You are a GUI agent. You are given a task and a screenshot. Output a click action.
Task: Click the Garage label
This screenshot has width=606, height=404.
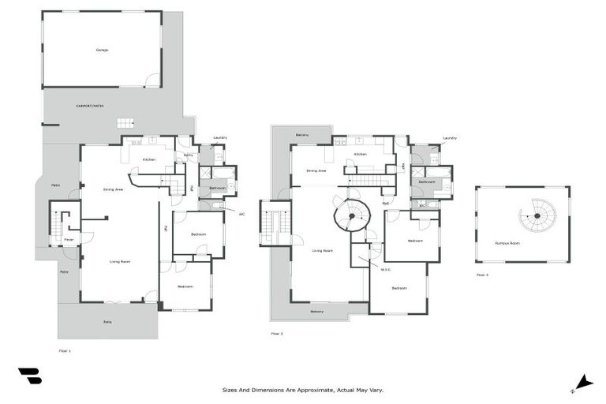point(102,50)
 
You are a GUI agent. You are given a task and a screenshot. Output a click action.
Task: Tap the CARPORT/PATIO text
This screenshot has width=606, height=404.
point(90,106)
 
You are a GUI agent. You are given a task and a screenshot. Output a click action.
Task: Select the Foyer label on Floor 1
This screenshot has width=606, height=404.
point(69,239)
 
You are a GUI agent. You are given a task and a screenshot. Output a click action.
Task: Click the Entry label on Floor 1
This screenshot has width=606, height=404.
point(189,155)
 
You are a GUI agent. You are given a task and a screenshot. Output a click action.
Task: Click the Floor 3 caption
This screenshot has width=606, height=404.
point(482,275)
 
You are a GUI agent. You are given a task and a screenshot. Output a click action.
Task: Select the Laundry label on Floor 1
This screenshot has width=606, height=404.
point(219,138)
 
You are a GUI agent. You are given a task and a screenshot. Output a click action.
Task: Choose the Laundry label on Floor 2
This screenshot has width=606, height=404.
point(450,138)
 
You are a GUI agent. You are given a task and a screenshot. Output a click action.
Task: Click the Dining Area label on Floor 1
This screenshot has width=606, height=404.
point(113,189)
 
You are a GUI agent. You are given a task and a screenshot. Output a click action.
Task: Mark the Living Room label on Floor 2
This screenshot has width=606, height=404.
point(322,251)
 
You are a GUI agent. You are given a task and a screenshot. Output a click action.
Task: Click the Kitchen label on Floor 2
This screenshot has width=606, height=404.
point(360,154)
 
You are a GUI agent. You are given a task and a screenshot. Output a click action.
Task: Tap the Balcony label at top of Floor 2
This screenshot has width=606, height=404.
point(302,135)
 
